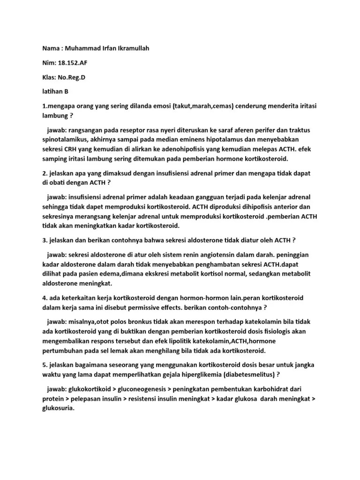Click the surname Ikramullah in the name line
coord(129,48)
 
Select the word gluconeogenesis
coord(148,389)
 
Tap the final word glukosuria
coord(58,408)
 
